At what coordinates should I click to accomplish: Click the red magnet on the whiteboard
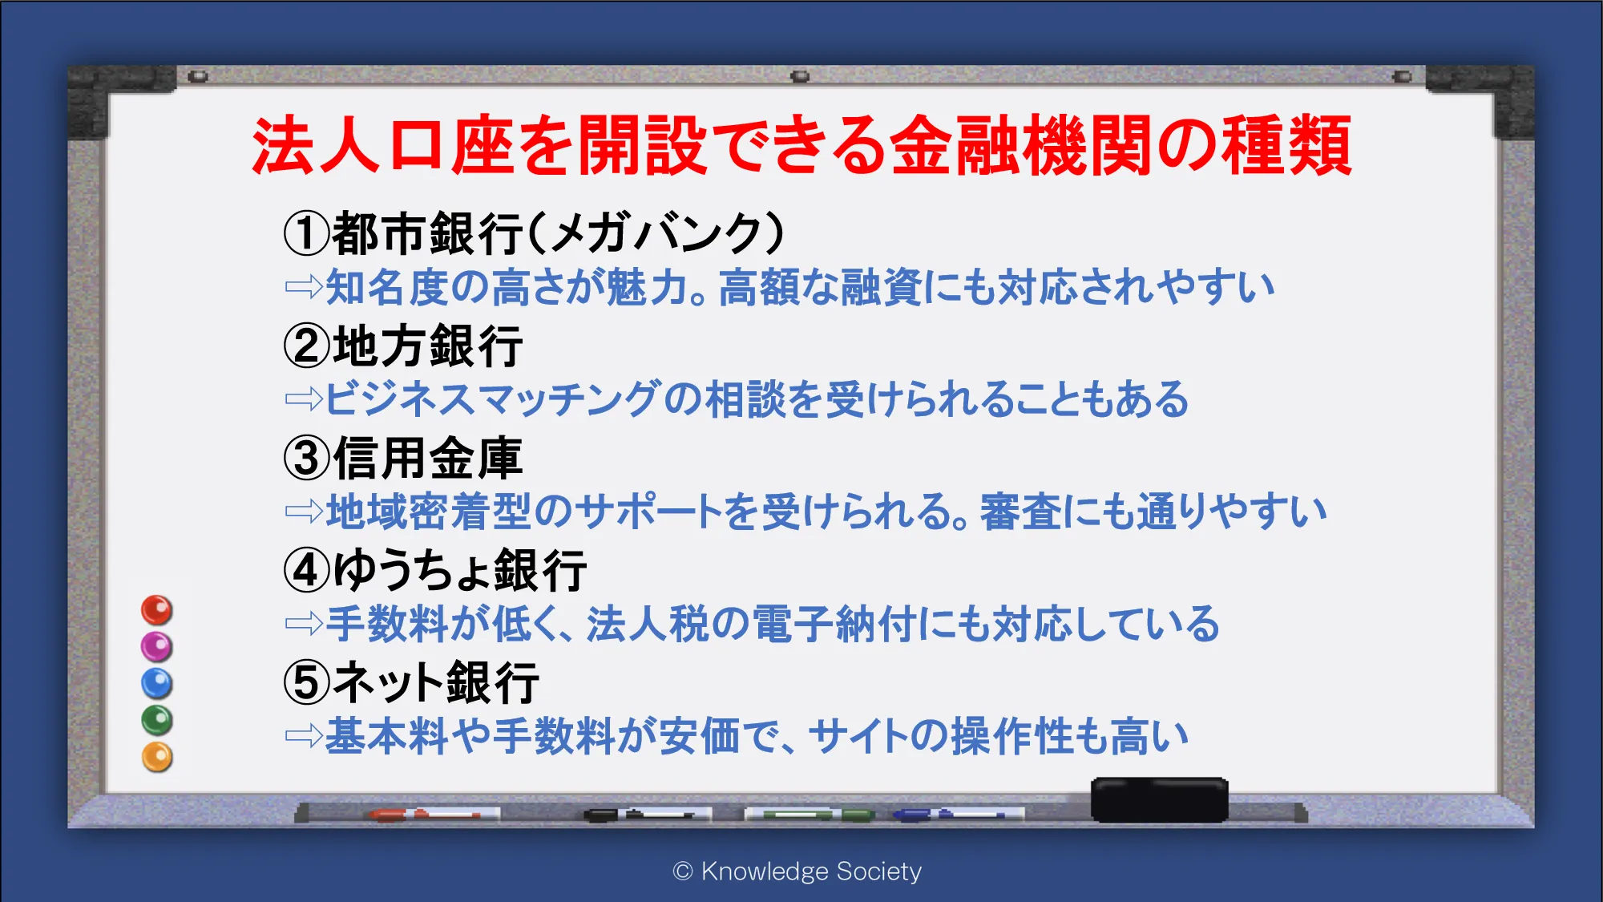pyautogui.click(x=157, y=610)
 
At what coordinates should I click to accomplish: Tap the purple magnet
pyautogui.click(x=157, y=646)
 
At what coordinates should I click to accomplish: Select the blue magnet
pyautogui.click(x=157, y=683)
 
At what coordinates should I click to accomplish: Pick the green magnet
pyautogui.click(x=157, y=720)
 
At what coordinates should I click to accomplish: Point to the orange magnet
pyautogui.click(x=157, y=757)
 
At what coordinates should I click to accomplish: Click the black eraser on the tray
pyautogui.click(x=1159, y=799)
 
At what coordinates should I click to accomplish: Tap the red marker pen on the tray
pyautogui.click(x=433, y=815)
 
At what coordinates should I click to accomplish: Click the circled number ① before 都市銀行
pyautogui.click(x=307, y=233)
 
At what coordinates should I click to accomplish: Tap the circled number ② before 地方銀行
pyautogui.click(x=307, y=346)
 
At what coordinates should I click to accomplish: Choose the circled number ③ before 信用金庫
pyautogui.click(x=307, y=458)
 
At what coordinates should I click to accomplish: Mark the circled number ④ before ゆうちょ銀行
pyautogui.click(x=307, y=570)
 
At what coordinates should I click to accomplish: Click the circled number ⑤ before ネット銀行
pyautogui.click(x=307, y=682)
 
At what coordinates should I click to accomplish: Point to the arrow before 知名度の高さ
pyautogui.click(x=304, y=286)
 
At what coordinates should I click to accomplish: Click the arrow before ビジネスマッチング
pyautogui.click(x=304, y=398)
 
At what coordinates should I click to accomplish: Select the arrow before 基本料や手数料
pyautogui.click(x=304, y=735)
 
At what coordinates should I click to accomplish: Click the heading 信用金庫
pyautogui.click(x=428, y=458)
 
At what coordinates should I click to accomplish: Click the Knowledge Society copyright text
pyautogui.click(x=797, y=871)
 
